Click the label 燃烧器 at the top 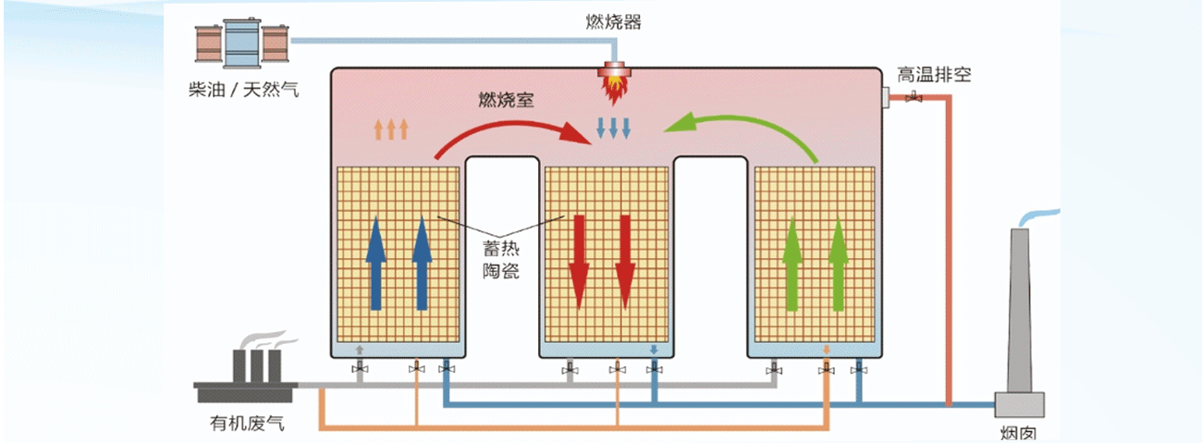[x=613, y=22]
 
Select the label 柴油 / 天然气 [x=242, y=91]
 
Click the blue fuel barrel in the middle [x=242, y=43]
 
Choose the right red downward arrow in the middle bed [x=625, y=262]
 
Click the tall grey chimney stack [x=1019, y=314]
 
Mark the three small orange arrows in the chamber [x=391, y=129]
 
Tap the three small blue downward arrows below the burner [x=612, y=128]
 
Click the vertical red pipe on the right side [x=949, y=250]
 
